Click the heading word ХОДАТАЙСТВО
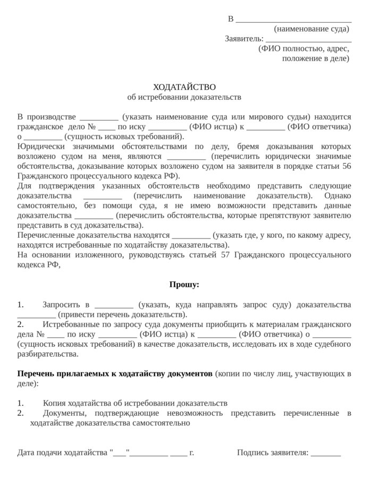tap(184, 87)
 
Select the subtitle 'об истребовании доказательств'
tap(184, 97)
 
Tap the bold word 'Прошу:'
tap(184, 285)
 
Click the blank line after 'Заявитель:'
tap(308, 39)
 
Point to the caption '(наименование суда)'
tap(312, 29)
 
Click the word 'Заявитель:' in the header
tap(244, 39)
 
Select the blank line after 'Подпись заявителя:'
tap(326, 453)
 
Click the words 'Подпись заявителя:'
tap(273, 453)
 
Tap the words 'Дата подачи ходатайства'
tap(62, 453)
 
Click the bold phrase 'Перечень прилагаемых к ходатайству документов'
tap(115, 373)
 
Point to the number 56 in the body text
tap(346, 166)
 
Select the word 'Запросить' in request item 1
tap(60, 304)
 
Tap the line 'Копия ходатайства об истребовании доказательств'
tap(135, 403)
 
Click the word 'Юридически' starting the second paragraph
tap(38, 146)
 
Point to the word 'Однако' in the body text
tap(338, 195)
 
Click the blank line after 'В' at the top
tap(293, 19)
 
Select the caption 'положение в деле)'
tap(316, 58)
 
